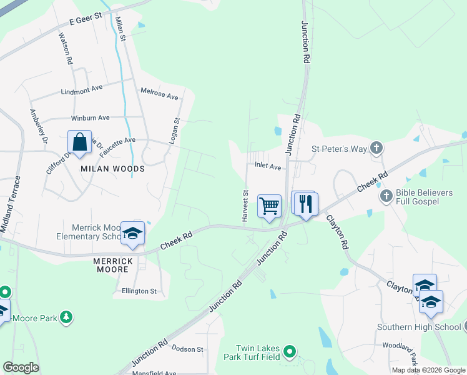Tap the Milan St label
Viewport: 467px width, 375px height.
[x=124, y=29]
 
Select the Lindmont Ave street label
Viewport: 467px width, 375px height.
[x=81, y=90]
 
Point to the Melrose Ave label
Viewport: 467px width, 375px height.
[x=159, y=94]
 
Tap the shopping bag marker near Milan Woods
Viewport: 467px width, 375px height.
[x=80, y=142]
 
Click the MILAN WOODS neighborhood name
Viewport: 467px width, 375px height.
[x=112, y=169]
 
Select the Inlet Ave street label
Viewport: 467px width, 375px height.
[x=268, y=167]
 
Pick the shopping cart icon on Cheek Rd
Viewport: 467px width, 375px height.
[x=269, y=206]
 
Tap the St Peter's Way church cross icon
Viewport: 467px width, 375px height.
[x=376, y=148]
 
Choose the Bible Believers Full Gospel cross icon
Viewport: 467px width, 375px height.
[x=386, y=196]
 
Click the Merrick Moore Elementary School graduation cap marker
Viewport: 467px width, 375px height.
[x=132, y=233]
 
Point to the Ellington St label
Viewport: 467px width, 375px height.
[x=139, y=291]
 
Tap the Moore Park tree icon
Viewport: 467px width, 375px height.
[x=66, y=318]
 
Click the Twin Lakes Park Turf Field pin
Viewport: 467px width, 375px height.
[x=289, y=352]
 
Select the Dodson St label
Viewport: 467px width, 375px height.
[x=188, y=349]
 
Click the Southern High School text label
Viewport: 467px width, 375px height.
[x=418, y=327]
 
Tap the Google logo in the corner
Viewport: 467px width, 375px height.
[x=21, y=367]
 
